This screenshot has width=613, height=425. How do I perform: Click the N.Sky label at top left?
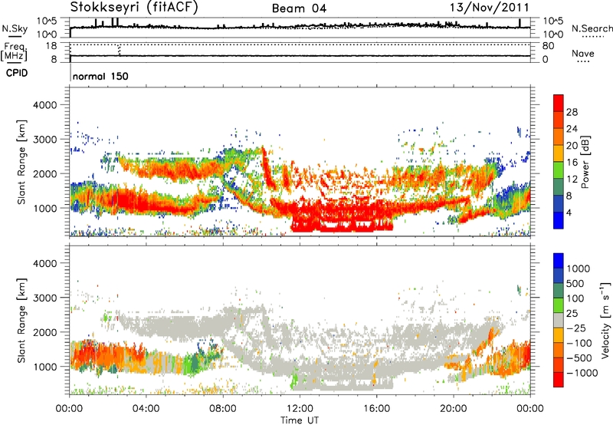pyautogui.click(x=13, y=28)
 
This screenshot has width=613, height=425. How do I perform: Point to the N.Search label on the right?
pyautogui.click(x=592, y=28)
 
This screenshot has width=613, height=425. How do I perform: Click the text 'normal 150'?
pyautogui.click(x=100, y=77)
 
